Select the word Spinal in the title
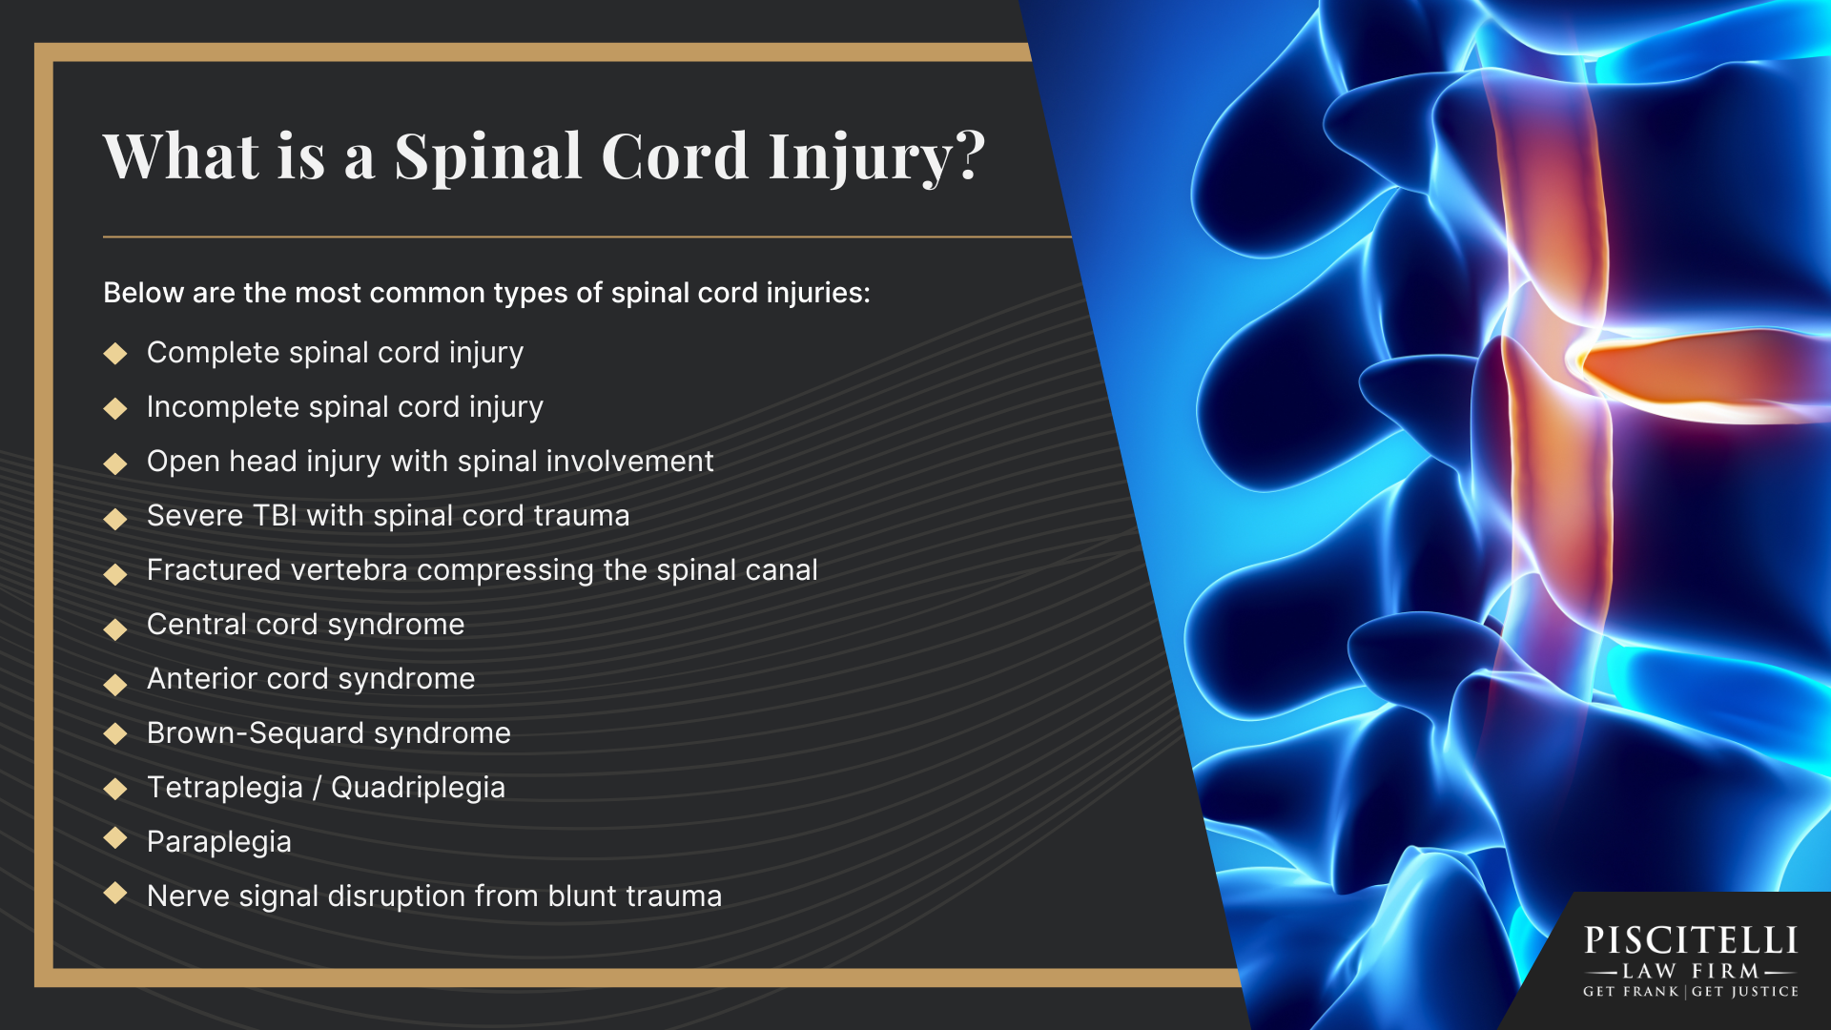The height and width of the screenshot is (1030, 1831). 488,155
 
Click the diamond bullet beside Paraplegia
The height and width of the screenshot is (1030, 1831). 115,838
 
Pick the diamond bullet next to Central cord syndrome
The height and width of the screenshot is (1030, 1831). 115,628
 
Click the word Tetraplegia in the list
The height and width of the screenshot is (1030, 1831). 225,787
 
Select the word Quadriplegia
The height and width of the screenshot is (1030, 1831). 418,787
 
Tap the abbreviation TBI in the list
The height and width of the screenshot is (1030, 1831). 276,515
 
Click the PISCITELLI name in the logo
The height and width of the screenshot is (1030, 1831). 1691,940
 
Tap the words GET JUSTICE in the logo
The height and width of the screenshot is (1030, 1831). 1745,992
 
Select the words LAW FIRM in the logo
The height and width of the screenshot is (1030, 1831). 1691,971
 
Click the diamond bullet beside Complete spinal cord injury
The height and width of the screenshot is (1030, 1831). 115,354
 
